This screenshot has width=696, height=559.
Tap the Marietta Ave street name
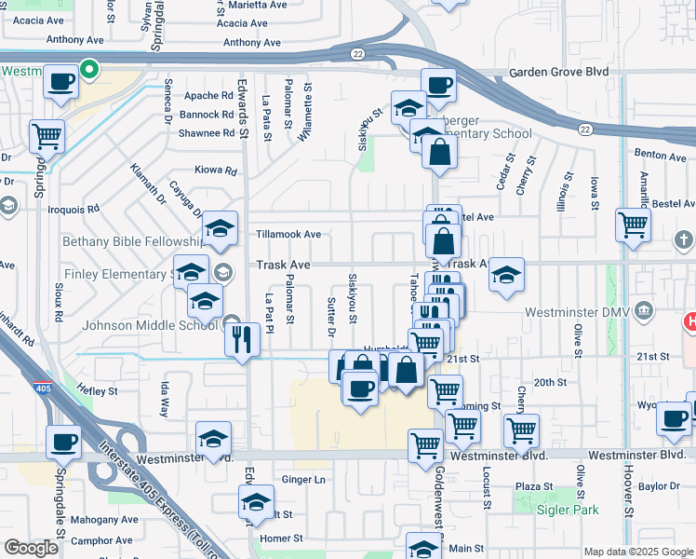pos(253,5)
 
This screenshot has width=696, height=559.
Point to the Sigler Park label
pos(567,510)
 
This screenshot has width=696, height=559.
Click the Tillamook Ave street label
pos(289,234)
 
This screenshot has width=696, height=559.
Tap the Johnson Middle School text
pos(151,326)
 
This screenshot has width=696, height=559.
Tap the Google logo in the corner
pos(32,548)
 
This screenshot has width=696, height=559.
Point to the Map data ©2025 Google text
pos(637,552)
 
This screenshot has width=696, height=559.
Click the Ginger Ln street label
pos(303,480)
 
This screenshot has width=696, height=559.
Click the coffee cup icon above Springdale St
pos(63,442)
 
